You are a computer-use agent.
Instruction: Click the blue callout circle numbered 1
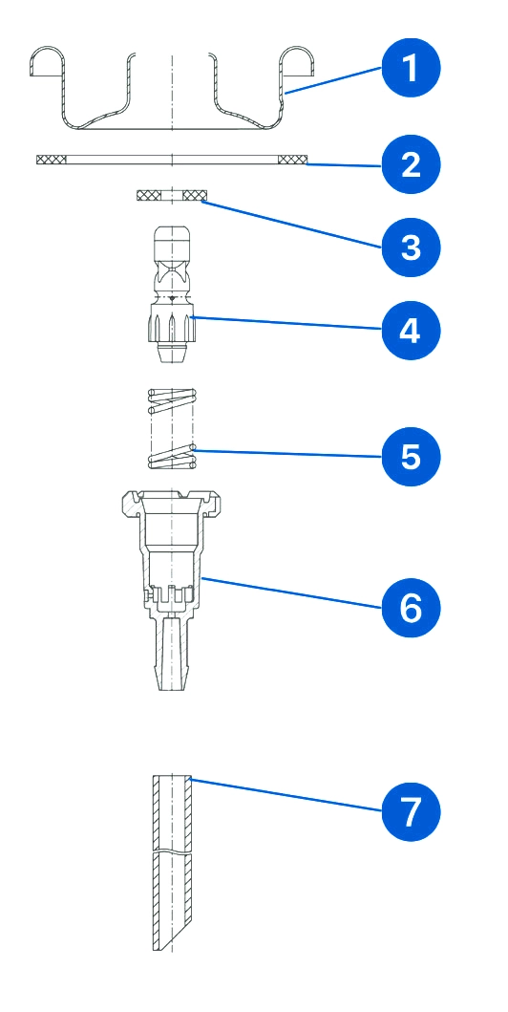pos(411,69)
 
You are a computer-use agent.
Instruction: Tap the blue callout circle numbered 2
pos(411,164)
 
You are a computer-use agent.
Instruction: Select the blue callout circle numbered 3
pos(411,248)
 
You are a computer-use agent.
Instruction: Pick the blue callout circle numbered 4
pos(411,330)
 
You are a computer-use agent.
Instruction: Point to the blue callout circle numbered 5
pos(411,456)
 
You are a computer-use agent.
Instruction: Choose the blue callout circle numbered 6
pos(411,608)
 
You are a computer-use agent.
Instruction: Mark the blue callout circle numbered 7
pos(411,811)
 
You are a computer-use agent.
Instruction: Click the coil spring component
pos(172,428)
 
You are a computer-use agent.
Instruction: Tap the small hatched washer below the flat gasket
pos(172,194)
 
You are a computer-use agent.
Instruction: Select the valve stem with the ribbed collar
pos(172,294)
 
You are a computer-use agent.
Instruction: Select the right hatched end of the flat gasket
pos(293,160)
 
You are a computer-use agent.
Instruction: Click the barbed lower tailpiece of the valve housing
pos(172,653)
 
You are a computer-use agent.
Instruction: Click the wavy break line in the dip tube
pos(172,852)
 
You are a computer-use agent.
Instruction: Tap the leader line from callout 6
pos(291,593)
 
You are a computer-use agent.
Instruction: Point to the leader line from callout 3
pos(291,224)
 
